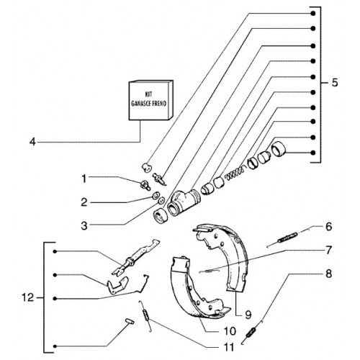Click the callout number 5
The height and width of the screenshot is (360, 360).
(335, 83)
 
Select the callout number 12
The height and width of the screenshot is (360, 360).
(28, 298)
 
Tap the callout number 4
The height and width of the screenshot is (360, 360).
(32, 142)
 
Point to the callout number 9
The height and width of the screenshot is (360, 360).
(248, 315)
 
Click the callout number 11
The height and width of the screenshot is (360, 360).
(228, 347)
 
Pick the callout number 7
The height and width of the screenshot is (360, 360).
(328, 250)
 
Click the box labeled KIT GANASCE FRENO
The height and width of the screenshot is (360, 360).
(151, 100)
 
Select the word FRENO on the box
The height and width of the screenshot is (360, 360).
(159, 104)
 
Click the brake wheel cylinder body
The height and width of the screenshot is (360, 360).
(184, 202)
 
